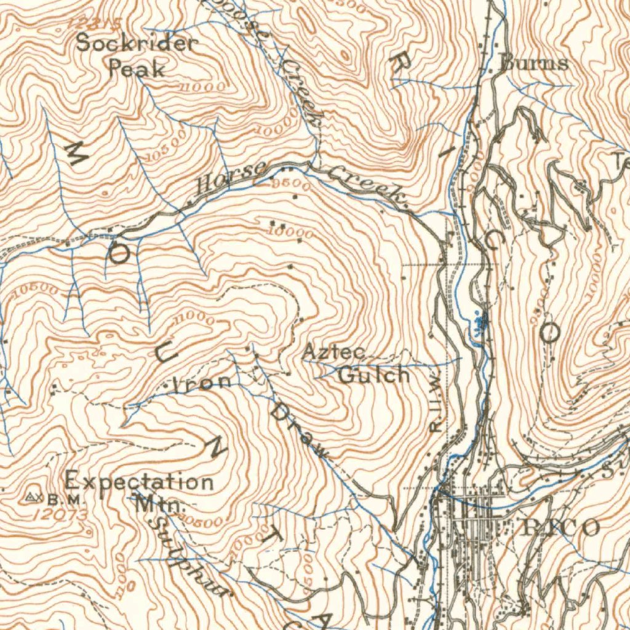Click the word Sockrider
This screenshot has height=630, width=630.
click(x=137, y=44)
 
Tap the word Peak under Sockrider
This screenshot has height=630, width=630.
click(x=137, y=68)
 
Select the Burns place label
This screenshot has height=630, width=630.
click(x=534, y=63)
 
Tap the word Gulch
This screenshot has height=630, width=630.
click(x=374, y=374)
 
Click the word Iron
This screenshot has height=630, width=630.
click(x=201, y=383)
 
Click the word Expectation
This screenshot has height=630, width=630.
click(x=140, y=480)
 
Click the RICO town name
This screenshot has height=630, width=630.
click(x=559, y=528)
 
